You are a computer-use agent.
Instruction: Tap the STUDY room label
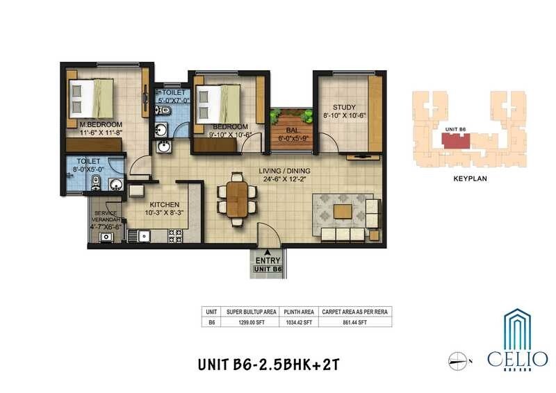tap(343, 107)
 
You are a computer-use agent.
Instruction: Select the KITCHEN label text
tap(165, 205)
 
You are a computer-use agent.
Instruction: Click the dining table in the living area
tap(236, 199)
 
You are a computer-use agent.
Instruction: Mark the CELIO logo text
tap(527, 359)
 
